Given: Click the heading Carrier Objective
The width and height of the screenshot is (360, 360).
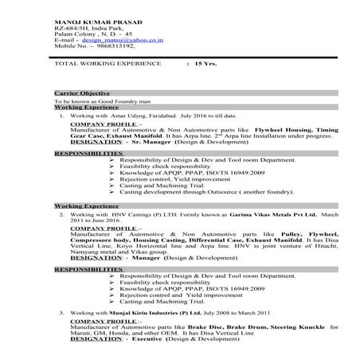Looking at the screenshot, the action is tap(82, 93).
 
